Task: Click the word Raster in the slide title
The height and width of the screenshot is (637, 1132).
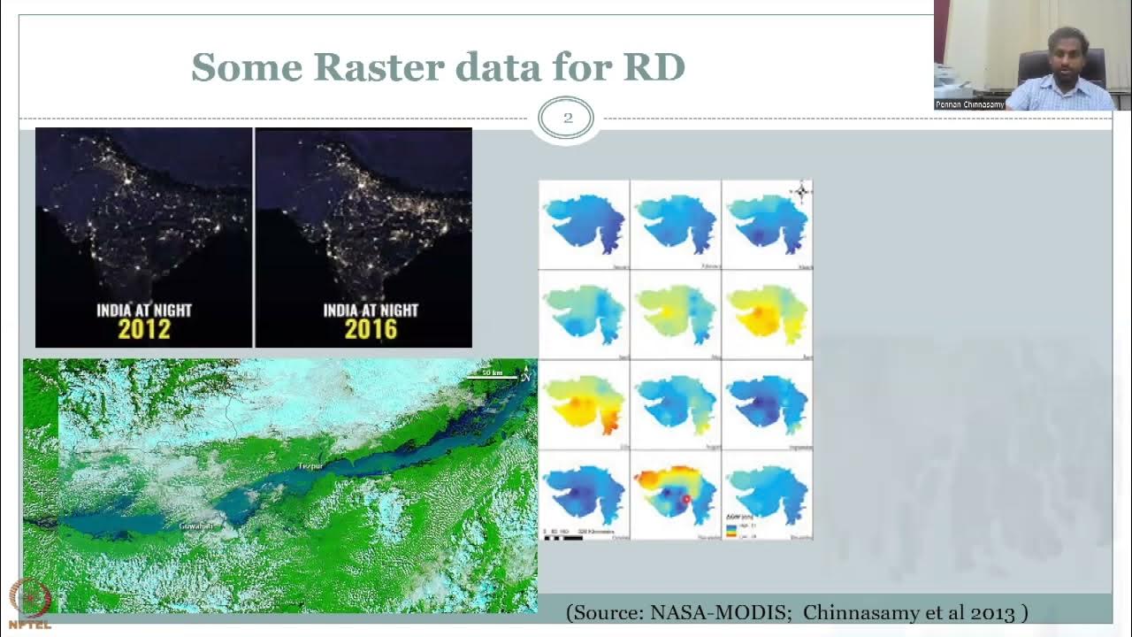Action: pos(366,67)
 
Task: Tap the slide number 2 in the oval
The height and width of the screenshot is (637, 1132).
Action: pos(567,118)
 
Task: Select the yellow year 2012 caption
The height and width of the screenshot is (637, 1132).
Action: pos(144,330)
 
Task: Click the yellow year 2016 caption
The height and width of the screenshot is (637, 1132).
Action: pos(371,330)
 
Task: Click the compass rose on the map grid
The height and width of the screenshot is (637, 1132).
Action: pos(801,191)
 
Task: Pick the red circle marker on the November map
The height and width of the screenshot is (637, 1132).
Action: pos(686,500)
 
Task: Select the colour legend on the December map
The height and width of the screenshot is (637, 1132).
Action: pos(730,529)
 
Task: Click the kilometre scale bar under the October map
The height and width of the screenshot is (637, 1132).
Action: pos(563,536)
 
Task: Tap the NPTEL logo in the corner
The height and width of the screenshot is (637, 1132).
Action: pos(29,603)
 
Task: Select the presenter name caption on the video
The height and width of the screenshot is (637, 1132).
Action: pos(970,104)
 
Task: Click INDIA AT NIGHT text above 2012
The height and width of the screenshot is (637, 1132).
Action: pos(144,310)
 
